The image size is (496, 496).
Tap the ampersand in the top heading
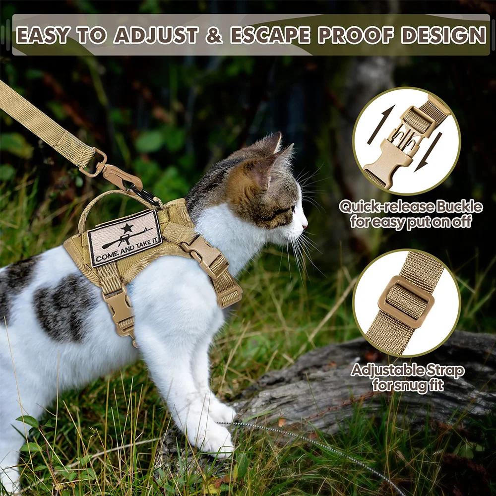coord(214,35)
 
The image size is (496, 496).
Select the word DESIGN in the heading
coord(443,35)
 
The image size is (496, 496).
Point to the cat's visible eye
coord(293,209)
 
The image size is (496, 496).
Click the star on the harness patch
coord(127,227)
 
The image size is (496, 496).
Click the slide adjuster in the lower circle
coord(406,302)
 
